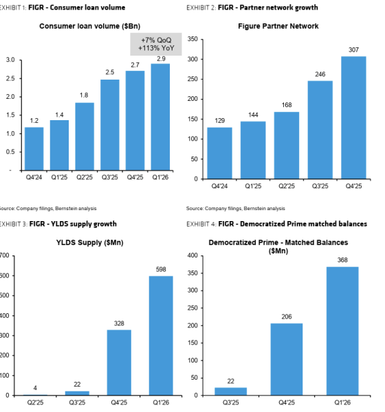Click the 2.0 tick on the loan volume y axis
10,97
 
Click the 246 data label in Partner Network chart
320,74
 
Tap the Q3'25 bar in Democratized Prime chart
231,391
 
